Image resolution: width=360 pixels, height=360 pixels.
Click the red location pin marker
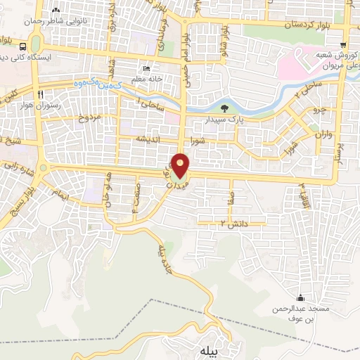coord(182,167)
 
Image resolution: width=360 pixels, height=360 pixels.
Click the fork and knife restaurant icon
coord(41,95)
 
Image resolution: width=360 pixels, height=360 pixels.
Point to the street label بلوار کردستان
coord(290,25)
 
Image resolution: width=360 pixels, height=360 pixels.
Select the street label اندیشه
coord(157,139)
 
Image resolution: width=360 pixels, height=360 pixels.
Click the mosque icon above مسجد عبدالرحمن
coord(301,297)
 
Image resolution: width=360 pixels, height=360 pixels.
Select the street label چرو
coord(319,110)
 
